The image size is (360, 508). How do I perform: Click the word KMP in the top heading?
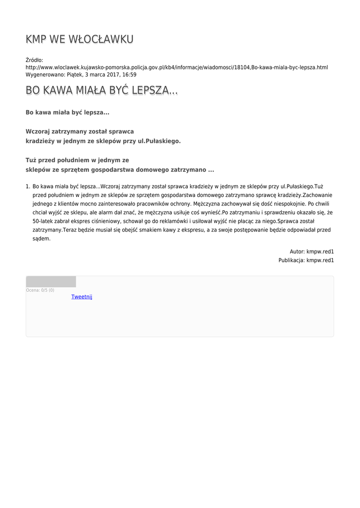(36, 39)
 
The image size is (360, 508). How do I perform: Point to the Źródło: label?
(34, 60)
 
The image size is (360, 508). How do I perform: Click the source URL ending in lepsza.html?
(176, 67)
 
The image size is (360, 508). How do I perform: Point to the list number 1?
(28, 187)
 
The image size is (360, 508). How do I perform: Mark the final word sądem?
(41, 239)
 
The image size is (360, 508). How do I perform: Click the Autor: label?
(297, 252)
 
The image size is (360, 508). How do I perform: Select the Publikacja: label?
(291, 260)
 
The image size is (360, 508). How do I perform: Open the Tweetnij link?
(81, 297)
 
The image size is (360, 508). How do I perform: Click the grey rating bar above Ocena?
(51, 282)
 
